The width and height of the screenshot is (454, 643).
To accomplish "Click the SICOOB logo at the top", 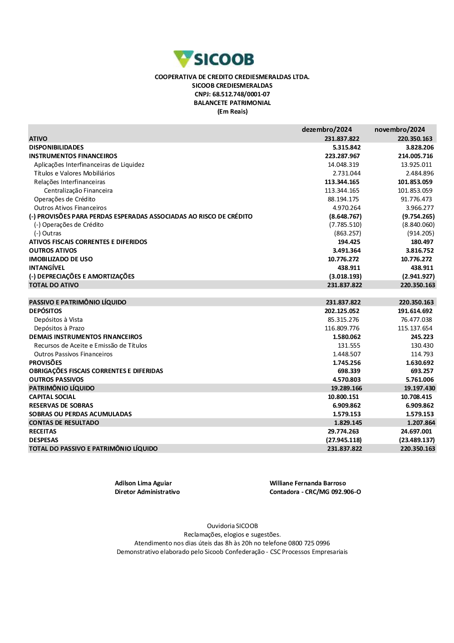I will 214,59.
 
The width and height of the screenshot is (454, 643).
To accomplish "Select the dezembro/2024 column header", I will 326,130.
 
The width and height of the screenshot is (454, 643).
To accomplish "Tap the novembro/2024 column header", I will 400,130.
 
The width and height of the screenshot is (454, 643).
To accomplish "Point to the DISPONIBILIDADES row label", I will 56,147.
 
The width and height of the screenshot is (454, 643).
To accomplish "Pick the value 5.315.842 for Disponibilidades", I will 346,147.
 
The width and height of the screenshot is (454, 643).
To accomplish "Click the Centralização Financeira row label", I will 78,190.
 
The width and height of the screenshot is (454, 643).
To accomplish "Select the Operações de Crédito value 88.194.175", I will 343,199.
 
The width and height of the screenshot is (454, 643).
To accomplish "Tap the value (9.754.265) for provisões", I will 418,216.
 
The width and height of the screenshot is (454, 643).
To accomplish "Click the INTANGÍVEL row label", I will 47,268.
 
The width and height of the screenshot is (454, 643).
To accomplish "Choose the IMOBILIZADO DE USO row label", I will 61,259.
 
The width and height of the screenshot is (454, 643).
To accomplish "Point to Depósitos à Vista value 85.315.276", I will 343,319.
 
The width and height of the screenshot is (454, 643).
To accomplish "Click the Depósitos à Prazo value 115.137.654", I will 415,328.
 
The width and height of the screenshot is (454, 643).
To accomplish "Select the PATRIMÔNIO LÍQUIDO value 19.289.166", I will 346,388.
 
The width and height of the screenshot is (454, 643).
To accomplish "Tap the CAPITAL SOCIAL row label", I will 52,397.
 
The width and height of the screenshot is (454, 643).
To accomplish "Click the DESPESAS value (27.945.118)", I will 344,440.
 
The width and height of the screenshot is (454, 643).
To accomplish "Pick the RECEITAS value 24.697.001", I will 416,431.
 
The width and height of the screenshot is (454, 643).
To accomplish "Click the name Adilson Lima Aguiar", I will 143,483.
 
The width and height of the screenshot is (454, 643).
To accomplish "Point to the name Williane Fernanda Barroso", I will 307,483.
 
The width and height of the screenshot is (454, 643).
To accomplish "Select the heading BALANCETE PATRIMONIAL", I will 232,103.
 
